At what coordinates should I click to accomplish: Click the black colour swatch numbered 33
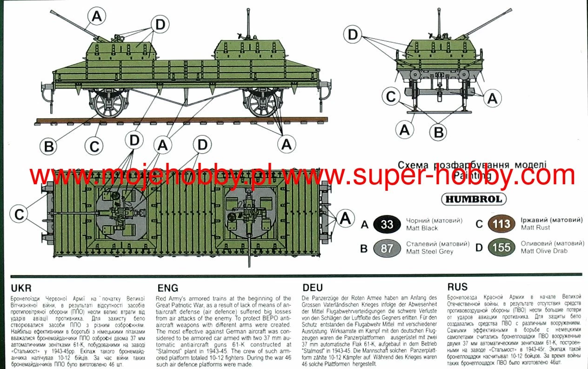point(387,224)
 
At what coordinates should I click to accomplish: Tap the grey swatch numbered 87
point(387,248)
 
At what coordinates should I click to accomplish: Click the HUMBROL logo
point(474,199)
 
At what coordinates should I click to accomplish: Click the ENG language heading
point(167,288)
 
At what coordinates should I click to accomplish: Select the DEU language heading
point(313,288)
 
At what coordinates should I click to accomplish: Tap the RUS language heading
point(457,288)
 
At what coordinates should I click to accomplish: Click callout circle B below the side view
point(49,147)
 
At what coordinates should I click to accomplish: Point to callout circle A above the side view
point(96,17)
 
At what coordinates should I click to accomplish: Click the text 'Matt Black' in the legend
point(422,228)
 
